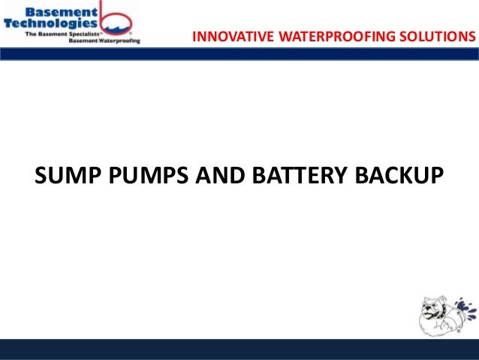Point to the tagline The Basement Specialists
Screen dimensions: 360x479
pyautogui.click(x=62, y=35)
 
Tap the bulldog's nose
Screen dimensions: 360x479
pyautogui.click(x=429, y=307)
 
